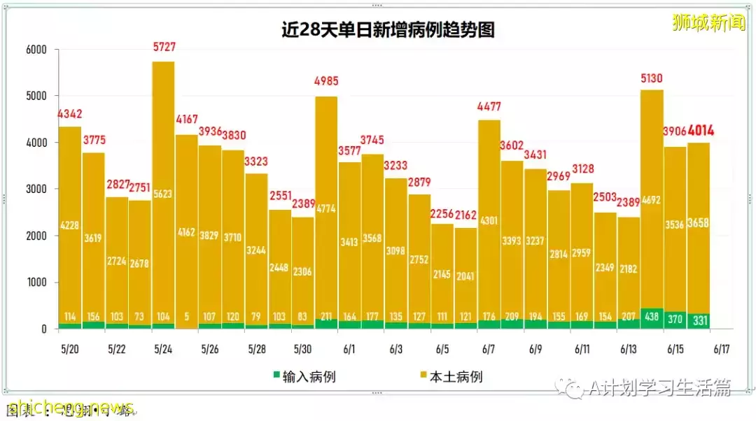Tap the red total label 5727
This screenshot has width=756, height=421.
(164, 48)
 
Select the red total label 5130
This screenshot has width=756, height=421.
(652, 78)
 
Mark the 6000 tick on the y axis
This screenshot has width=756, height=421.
(36, 50)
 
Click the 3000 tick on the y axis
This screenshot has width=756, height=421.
(36, 190)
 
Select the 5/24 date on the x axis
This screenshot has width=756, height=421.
(163, 348)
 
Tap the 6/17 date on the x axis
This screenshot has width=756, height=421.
(722, 348)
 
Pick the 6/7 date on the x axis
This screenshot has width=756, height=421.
(489, 348)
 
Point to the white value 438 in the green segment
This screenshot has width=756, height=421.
(652, 316)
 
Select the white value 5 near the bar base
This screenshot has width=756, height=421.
(186, 316)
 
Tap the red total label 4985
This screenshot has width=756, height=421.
(326, 81)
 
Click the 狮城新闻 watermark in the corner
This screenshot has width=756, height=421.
(708, 22)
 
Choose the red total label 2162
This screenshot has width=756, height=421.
(465, 215)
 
